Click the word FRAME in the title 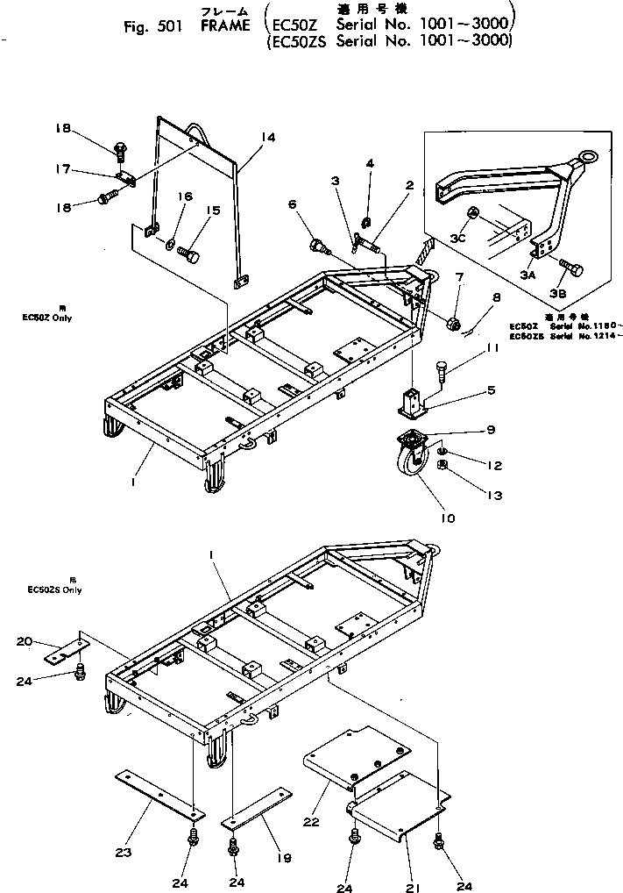(225, 27)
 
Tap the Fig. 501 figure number (152, 26)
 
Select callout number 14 (267, 137)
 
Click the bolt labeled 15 (188, 254)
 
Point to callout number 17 (62, 171)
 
